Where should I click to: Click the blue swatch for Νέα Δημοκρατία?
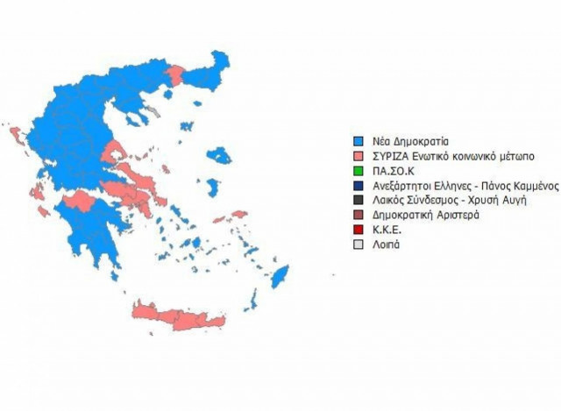click(358, 140)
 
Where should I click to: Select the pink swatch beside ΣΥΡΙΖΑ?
click(358, 155)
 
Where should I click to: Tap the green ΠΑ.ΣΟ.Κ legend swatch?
click(358, 170)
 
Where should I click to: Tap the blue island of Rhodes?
click(280, 278)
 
